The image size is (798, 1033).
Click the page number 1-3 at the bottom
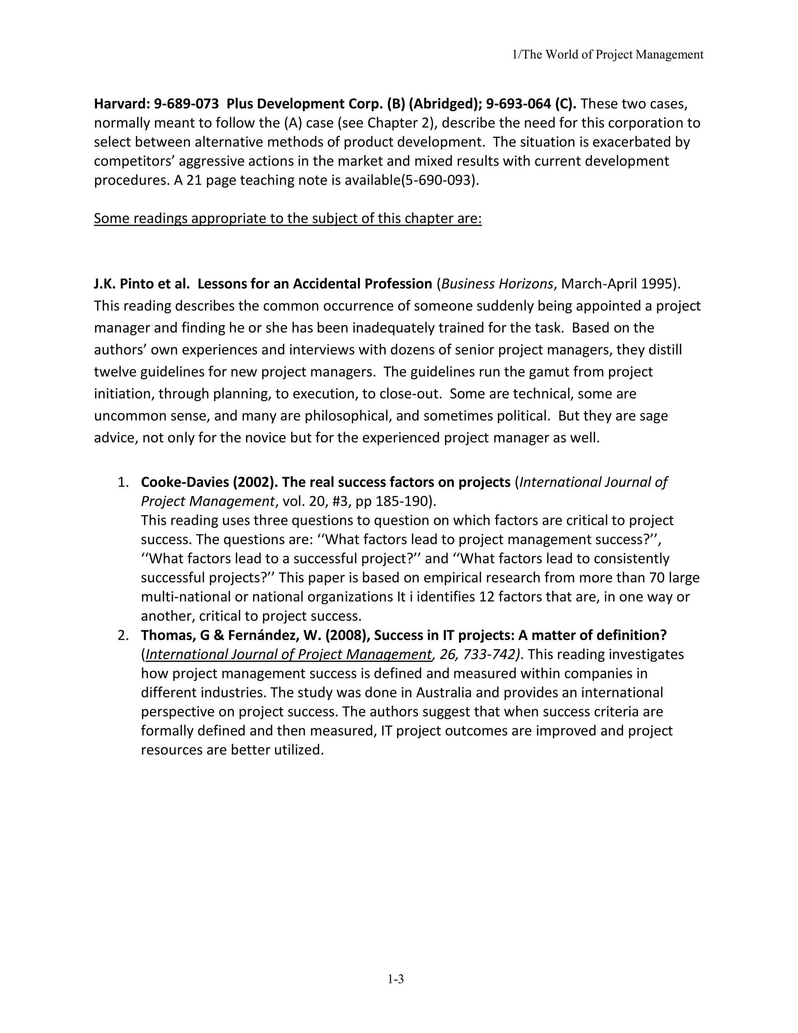click(x=396, y=979)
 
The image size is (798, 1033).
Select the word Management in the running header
click(x=669, y=55)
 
